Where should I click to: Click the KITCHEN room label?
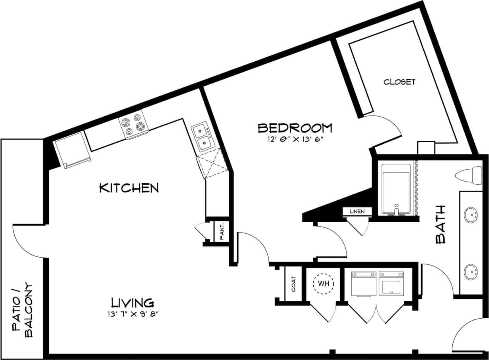pos(129,188)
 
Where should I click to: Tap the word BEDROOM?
pos(294,128)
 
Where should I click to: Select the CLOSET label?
pos(399,82)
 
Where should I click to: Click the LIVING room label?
pos(132,302)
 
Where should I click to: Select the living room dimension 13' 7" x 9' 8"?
pos(136,314)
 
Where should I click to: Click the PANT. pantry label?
pos(222,231)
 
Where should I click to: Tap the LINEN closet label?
pos(357,211)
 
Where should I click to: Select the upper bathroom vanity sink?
pos(472,215)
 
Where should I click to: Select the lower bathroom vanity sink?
pos(471,272)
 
